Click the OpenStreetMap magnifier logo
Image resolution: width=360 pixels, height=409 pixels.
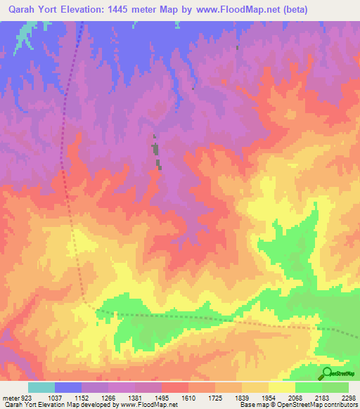[x=327, y=374]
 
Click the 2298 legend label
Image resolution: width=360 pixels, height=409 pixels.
[x=349, y=398]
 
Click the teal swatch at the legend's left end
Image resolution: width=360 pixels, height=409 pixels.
[x=41, y=387]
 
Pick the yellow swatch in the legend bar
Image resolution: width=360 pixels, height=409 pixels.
[x=282, y=387]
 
